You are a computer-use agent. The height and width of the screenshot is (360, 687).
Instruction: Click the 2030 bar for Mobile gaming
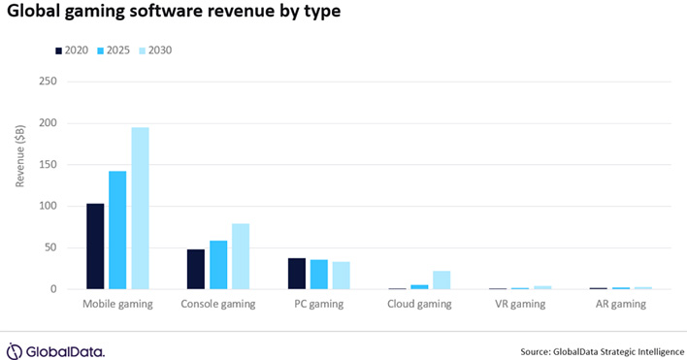(x=140, y=209)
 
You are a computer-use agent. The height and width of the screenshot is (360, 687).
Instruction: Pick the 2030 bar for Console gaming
(x=241, y=256)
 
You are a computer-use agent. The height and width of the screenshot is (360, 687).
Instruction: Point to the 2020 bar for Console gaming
(x=196, y=269)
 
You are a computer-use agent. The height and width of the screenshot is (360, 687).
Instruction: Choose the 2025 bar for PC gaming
(x=318, y=275)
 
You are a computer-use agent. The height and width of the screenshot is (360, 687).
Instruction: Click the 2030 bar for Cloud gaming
(x=442, y=279)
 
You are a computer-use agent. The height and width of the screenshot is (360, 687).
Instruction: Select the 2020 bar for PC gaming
(x=297, y=274)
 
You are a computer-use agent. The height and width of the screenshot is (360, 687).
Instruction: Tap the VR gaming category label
(x=522, y=304)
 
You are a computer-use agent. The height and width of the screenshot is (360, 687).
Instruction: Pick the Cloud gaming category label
(x=419, y=304)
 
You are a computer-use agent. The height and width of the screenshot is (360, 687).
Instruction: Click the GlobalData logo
(x=55, y=350)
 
